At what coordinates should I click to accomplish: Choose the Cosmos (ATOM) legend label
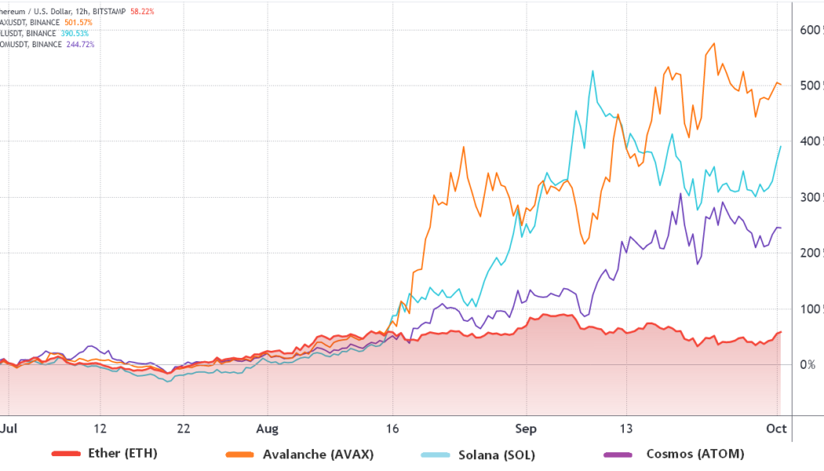(695, 454)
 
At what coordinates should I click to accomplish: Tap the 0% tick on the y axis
(808, 364)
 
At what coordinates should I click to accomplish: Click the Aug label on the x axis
(268, 429)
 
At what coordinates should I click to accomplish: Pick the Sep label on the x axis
(525, 429)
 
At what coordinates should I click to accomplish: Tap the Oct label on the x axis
(776, 429)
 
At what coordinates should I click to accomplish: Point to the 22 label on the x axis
(183, 429)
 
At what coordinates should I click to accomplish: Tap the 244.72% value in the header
(78, 44)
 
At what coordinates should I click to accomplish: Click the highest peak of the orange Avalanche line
(713, 43)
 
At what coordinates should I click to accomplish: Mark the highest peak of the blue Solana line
(592, 71)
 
